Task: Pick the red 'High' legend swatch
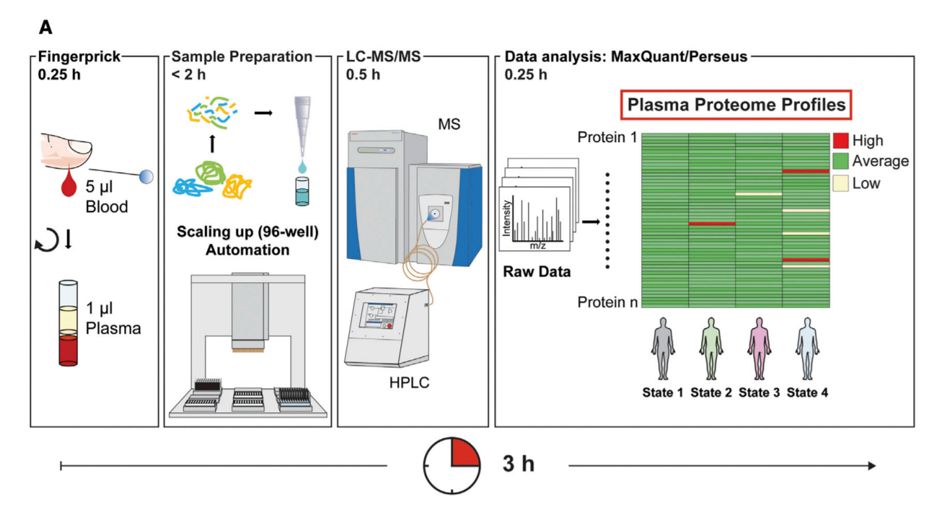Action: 841,140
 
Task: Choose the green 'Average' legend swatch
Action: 841,161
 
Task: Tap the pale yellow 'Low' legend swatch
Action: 841,182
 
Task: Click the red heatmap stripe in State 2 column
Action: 712,223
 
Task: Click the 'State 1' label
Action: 663,392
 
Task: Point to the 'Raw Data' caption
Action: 536,272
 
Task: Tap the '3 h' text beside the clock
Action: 518,465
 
